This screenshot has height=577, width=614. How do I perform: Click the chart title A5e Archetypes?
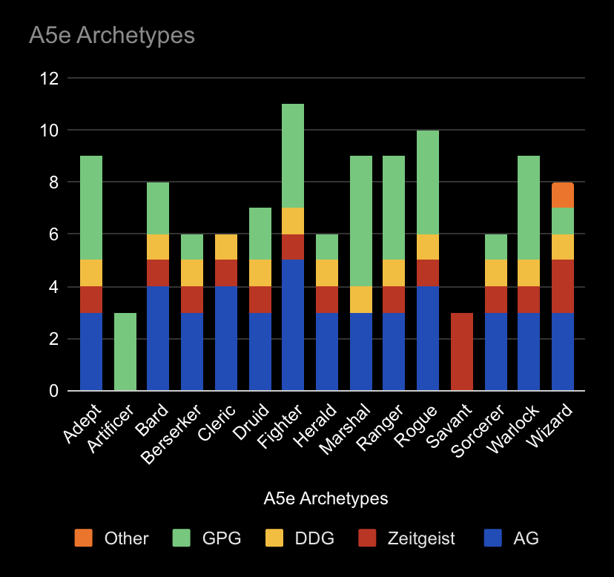coord(112,35)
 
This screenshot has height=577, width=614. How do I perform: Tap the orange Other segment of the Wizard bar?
coord(563,195)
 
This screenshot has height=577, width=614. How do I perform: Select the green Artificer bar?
coord(125,352)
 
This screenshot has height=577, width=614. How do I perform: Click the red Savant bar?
coord(462,352)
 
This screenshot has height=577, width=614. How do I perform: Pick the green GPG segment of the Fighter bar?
coord(293,156)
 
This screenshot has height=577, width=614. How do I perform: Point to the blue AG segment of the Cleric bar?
coord(225,338)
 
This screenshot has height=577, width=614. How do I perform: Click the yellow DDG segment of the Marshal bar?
coord(360,300)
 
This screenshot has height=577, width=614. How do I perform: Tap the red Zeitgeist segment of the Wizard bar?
coord(563,286)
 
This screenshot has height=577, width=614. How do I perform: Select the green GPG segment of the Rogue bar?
coord(428,182)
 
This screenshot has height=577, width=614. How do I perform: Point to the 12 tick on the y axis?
coord(49,78)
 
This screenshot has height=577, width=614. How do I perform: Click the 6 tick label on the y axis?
coord(53,234)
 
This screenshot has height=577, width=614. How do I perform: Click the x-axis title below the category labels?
coord(326,498)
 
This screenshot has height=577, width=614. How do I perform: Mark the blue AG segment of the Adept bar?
coord(90,352)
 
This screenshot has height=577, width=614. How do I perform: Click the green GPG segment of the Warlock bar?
coord(529,208)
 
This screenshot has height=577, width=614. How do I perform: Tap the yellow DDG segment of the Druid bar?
coord(260,273)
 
